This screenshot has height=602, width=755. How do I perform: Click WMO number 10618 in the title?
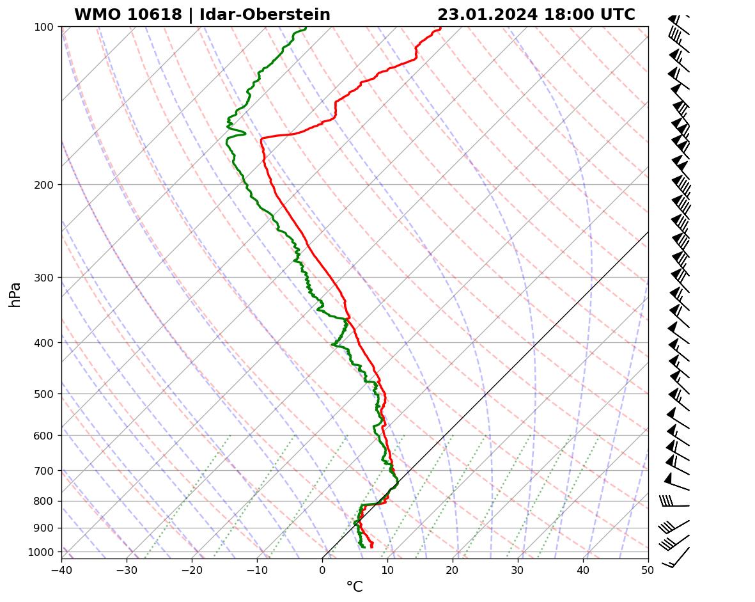(x=128, y=15)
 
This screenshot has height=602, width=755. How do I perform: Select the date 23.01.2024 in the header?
(x=487, y=15)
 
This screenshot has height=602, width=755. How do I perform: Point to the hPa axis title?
(x=15, y=294)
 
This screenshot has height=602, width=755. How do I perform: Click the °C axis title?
(x=354, y=587)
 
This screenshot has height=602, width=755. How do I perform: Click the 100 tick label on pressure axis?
(x=43, y=27)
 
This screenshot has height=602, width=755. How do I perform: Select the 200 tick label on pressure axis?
(x=43, y=185)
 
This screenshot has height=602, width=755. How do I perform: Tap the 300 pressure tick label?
(x=43, y=278)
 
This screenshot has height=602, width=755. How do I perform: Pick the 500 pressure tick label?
(x=43, y=394)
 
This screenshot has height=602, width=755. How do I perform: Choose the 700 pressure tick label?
(x=43, y=471)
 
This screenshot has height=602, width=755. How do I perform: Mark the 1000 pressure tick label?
(x=41, y=552)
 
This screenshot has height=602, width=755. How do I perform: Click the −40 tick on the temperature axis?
(x=61, y=569)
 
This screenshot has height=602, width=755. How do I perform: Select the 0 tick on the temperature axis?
(x=322, y=569)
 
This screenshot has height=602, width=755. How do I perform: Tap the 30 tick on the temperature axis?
(x=518, y=569)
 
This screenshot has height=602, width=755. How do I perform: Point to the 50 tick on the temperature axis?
(x=648, y=569)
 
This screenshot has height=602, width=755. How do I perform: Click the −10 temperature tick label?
(x=257, y=569)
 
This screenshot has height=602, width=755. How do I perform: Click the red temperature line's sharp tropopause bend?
(x=261, y=138)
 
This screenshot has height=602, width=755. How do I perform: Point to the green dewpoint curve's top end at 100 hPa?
(x=306, y=28)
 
